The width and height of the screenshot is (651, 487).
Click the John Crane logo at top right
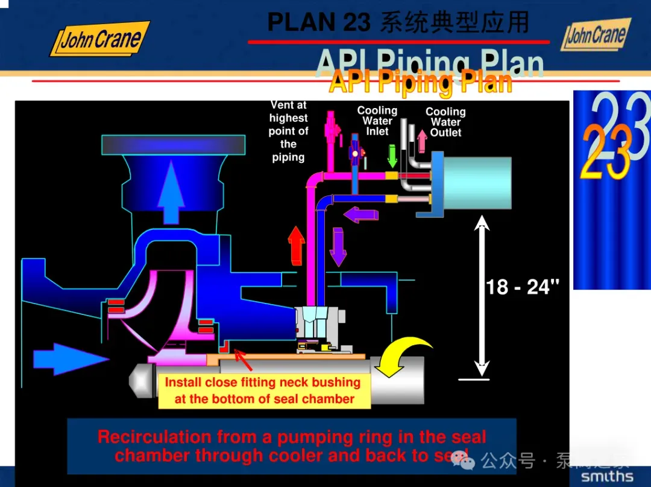click(596, 35)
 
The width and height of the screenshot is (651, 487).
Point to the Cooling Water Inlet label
click(377, 121)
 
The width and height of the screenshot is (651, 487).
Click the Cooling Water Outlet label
click(445, 122)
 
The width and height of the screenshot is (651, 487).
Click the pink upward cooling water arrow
click(421, 140)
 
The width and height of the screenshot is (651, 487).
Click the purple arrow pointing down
click(338, 247)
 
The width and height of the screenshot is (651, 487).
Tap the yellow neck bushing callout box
click(264, 390)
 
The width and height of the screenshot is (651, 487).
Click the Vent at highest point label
click(288, 131)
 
